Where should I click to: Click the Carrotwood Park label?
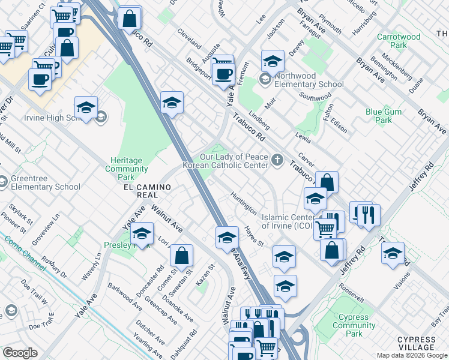click(x=399, y=41)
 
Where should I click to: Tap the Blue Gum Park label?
click(x=379, y=116)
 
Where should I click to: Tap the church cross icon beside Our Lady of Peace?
click(x=276, y=160)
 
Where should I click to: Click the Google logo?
click(x=20, y=352)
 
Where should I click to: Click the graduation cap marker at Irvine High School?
click(x=86, y=107)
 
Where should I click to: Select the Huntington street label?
click(x=244, y=203)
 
